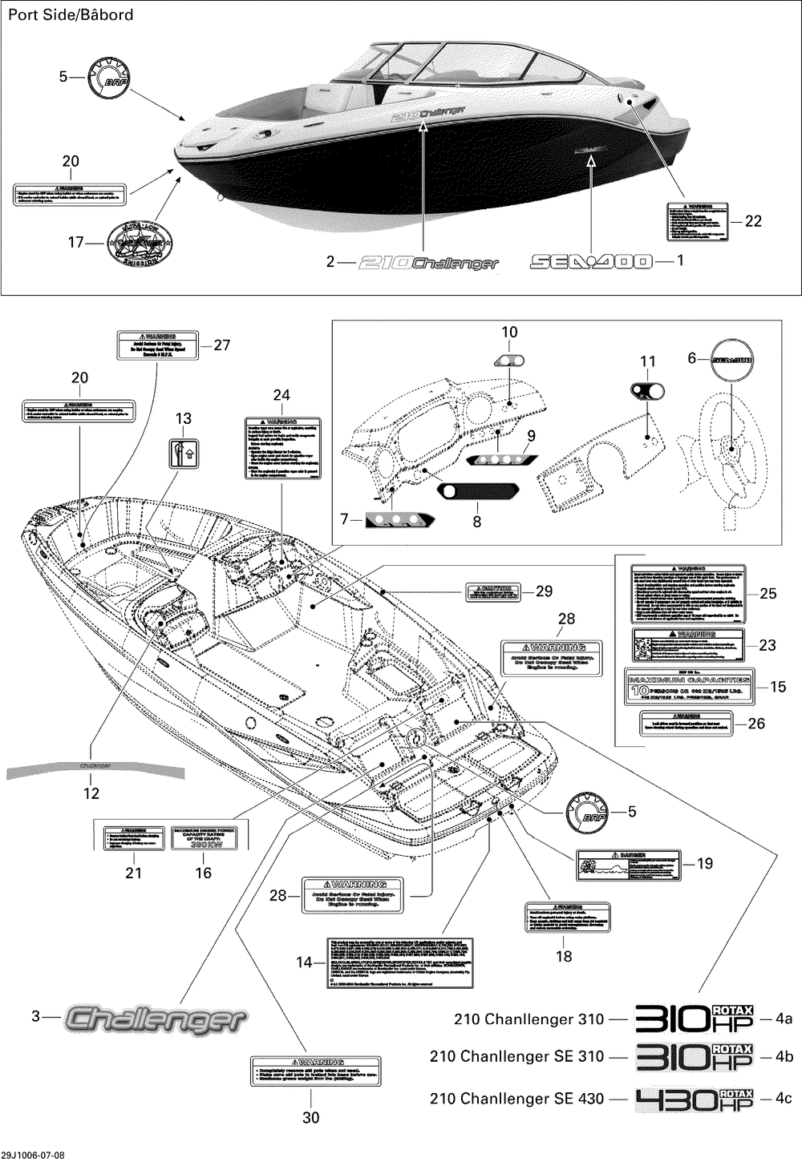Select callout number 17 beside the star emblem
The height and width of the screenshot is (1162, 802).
(75, 242)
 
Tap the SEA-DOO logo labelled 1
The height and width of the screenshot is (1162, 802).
(591, 261)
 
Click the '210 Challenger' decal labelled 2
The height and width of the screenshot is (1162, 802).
(428, 262)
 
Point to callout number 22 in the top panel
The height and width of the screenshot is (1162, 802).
(753, 221)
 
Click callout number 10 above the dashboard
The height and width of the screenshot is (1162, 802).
(510, 332)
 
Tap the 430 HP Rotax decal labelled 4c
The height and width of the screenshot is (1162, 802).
(695, 1099)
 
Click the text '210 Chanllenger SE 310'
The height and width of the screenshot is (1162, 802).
(516, 1057)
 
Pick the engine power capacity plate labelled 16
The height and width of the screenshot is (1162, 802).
(204, 837)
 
